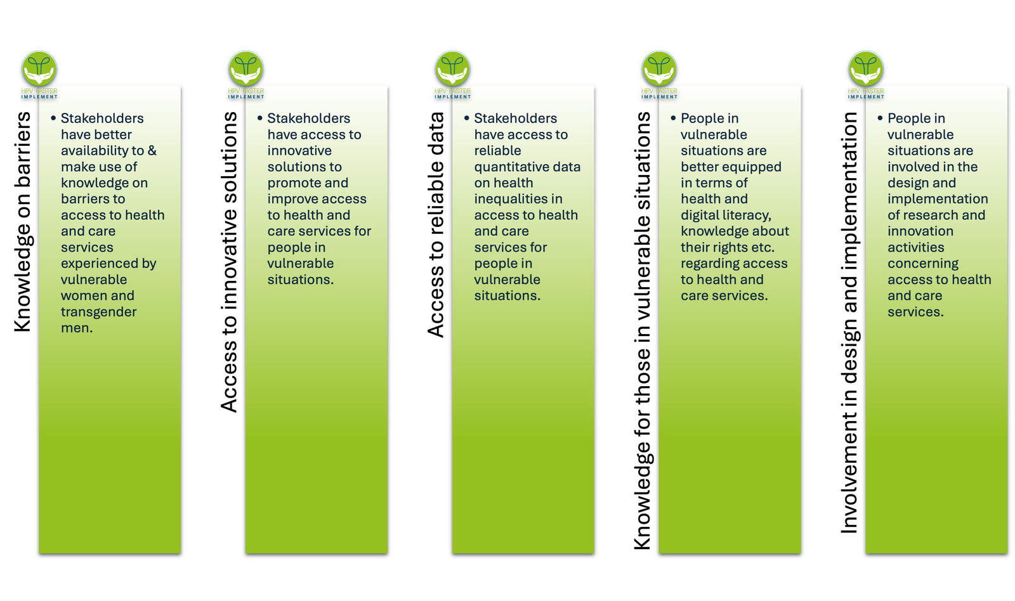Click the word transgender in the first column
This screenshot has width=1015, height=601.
98,313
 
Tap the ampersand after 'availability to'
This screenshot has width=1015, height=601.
152,150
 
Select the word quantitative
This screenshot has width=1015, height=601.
509,167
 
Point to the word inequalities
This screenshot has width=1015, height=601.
518,199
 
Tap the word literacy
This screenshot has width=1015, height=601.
748,216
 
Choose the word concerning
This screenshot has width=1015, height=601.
923,264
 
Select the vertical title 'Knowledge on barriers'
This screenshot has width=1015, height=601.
23,222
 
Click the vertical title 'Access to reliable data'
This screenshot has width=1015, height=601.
436,224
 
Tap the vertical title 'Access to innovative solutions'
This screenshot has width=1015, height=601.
229,262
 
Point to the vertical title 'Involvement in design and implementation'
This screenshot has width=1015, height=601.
849,323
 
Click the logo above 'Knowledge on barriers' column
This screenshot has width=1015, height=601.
39,75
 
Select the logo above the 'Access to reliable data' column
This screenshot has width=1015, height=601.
453,75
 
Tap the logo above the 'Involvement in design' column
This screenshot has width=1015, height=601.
866,75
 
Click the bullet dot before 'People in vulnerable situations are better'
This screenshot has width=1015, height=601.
673,118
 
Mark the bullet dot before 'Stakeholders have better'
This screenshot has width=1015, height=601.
53,118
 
